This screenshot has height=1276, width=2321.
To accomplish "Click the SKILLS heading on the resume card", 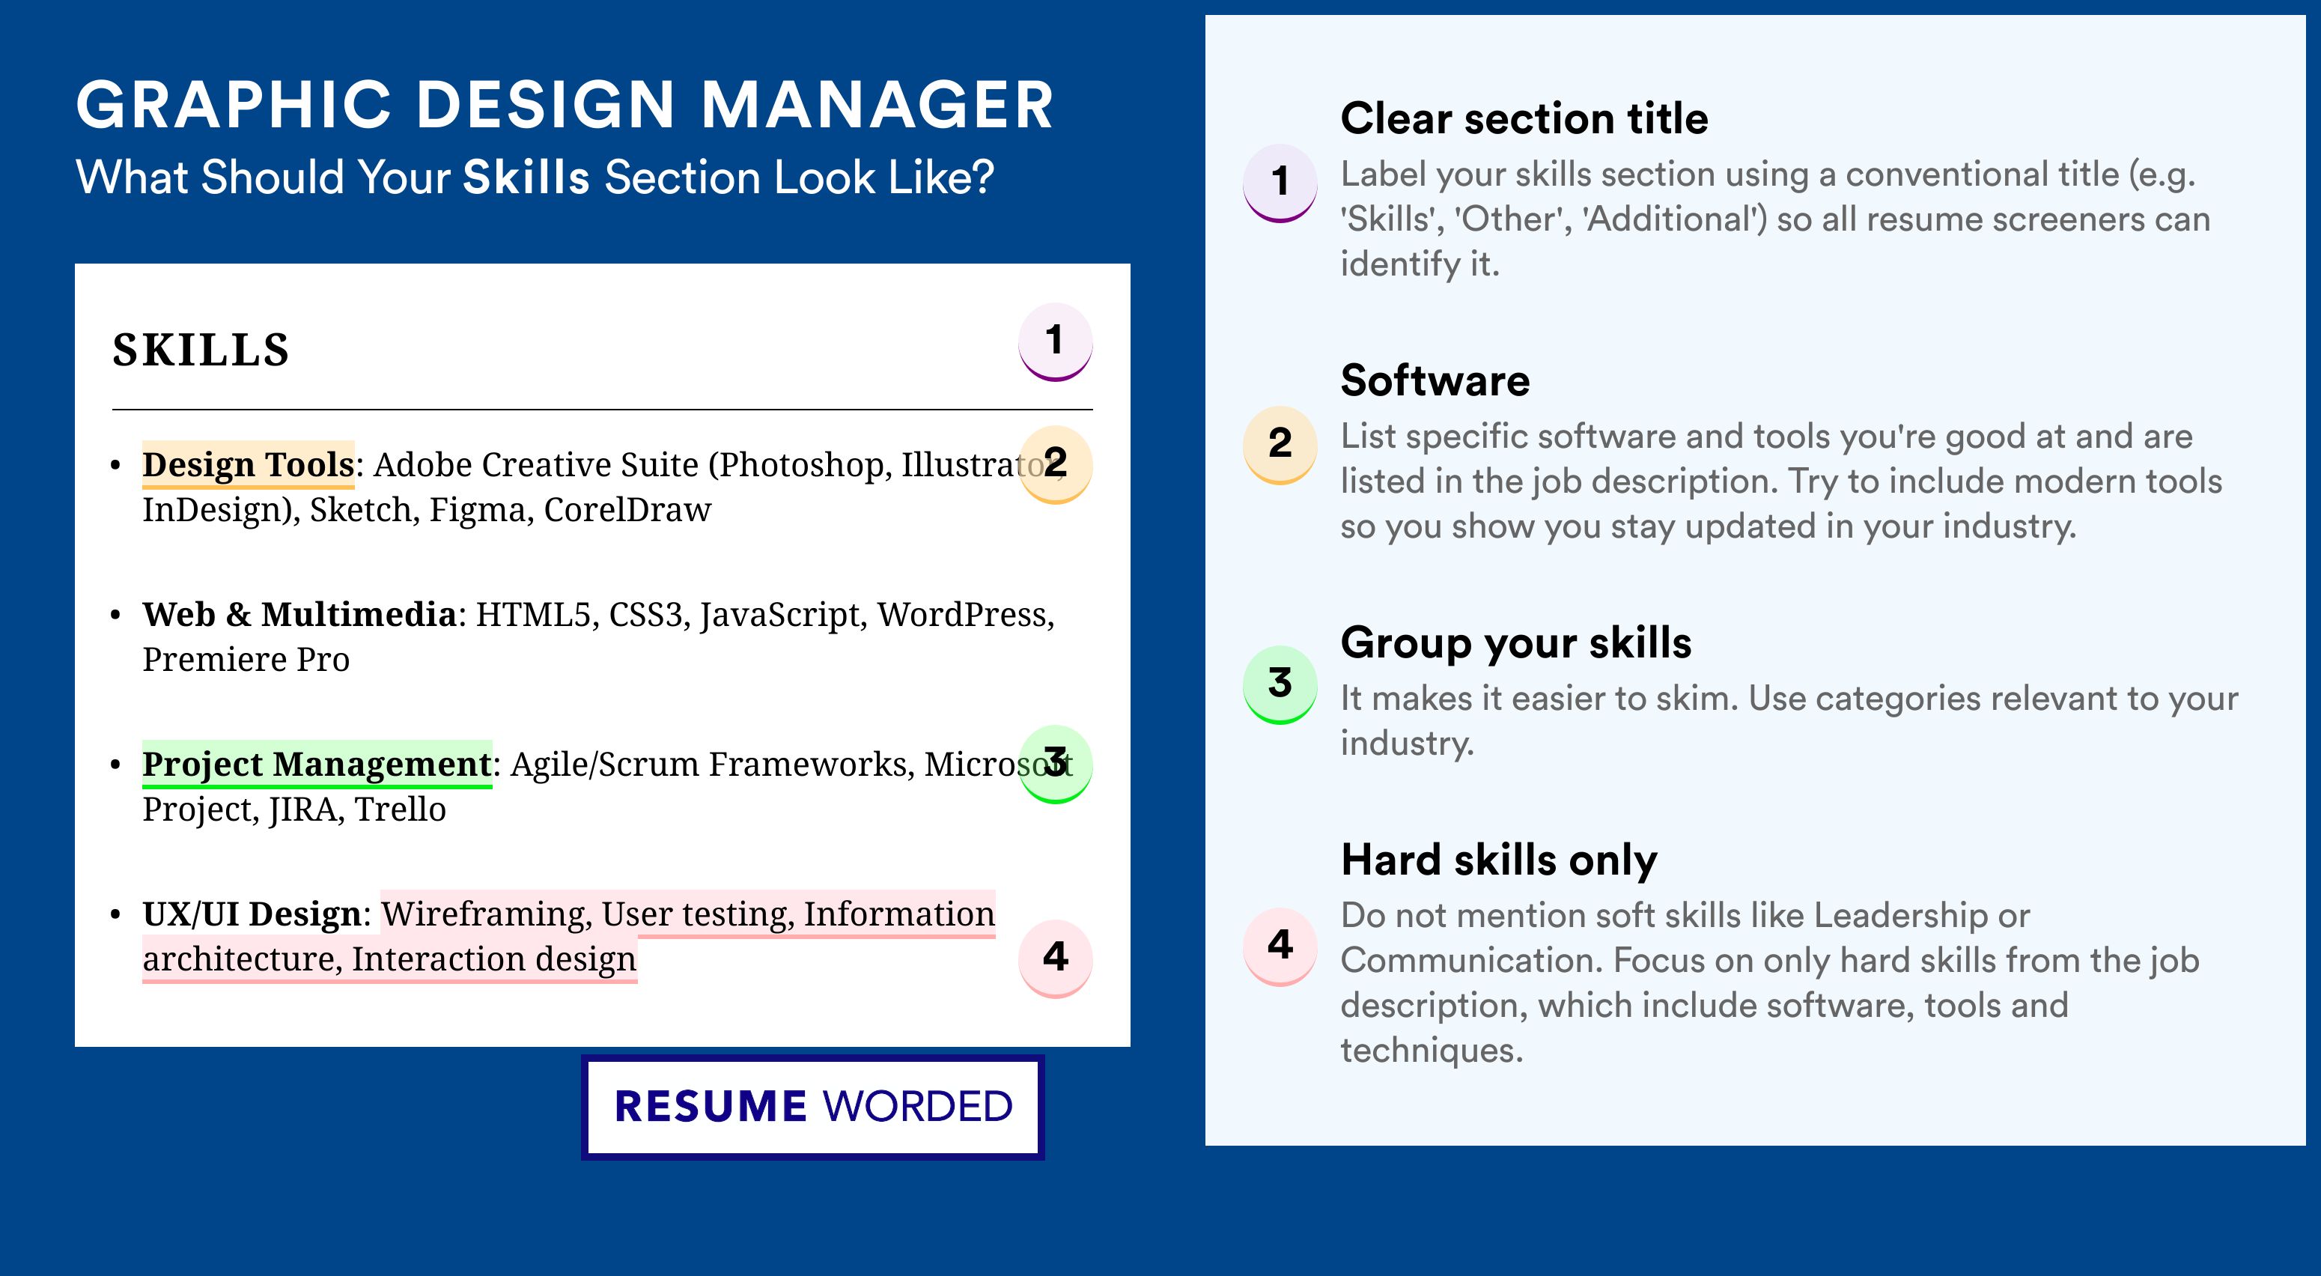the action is point(200,350).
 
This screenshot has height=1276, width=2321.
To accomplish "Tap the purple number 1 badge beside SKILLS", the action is point(1055,341).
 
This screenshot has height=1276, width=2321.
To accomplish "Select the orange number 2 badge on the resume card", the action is point(1055,464).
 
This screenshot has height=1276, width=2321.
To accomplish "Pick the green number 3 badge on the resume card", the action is point(1055,764).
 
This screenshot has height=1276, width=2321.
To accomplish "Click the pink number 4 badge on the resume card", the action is point(1055,958).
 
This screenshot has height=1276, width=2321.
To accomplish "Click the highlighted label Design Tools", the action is point(248,465).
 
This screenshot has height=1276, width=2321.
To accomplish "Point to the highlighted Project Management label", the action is point(317,764).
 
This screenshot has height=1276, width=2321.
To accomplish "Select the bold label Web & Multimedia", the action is point(299,615).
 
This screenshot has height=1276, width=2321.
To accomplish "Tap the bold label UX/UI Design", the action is point(252,914).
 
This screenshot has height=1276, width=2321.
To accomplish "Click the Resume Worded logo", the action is point(812,1107).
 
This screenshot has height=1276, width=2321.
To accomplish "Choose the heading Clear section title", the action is point(1524,118).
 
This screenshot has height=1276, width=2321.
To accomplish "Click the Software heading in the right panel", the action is point(1435,380).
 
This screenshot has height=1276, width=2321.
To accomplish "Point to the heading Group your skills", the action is point(1516,643).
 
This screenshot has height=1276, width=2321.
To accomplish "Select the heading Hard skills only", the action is point(1499,860).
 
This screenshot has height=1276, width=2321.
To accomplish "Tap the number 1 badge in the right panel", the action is point(1280,182).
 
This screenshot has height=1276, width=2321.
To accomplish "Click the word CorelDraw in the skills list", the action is point(627,510).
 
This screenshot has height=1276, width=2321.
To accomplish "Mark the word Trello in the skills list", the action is point(400,809).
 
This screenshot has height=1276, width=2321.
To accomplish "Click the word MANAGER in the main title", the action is point(877,105).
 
